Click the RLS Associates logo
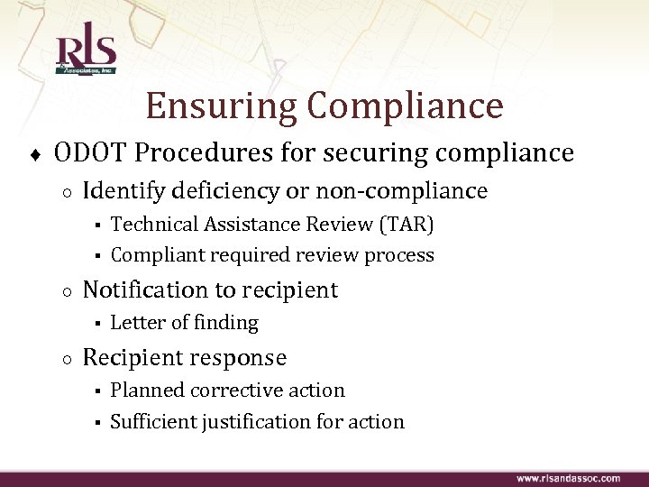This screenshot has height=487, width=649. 87,52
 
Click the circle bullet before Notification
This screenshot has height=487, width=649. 68,291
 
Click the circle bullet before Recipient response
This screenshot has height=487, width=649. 68,359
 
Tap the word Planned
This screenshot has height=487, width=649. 148,390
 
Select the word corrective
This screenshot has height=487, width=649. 239,390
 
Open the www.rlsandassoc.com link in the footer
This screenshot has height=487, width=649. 568,477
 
